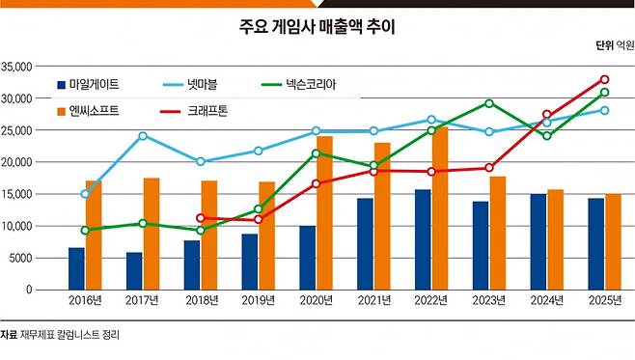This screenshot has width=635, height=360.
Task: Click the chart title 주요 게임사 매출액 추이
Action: tap(317, 27)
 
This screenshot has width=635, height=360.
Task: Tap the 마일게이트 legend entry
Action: tap(88, 85)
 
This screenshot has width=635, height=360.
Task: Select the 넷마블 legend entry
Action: tap(190, 85)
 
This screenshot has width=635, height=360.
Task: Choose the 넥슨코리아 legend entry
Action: tap(299, 85)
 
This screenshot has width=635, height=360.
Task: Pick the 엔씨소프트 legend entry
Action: tap(88, 111)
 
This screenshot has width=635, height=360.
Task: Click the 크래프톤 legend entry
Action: tap(194, 111)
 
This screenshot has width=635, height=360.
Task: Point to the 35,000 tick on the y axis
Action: tap(16, 67)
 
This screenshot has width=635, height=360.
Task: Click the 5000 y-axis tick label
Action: tap(20, 258)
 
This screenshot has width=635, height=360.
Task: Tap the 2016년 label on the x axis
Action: tap(85, 300)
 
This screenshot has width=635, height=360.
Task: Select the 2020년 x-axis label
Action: tap(317, 300)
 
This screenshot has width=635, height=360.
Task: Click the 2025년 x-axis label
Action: tap(605, 300)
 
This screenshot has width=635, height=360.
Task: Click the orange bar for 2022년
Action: tap(440, 208)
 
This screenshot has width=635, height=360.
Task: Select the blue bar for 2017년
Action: tap(134, 271)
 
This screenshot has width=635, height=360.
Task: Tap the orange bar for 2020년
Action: tap(325, 213)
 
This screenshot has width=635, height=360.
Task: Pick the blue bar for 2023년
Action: tap(481, 246)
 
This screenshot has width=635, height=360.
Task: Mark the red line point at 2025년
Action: tap(605, 79)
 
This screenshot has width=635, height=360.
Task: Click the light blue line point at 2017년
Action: tap(143, 136)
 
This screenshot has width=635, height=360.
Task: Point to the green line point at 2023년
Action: tap(489, 103)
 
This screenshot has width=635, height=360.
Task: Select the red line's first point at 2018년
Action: tap(200, 218)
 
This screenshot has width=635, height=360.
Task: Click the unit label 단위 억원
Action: tap(615, 45)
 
